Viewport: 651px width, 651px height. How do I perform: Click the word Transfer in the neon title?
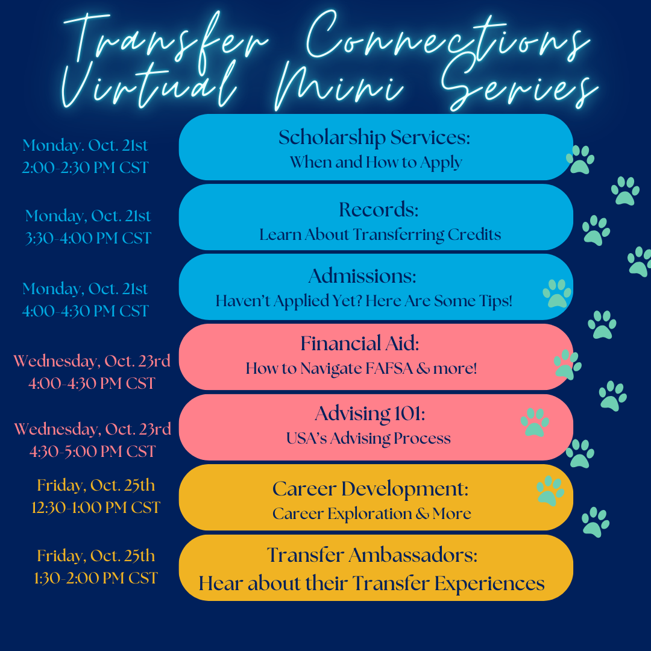pos(166,42)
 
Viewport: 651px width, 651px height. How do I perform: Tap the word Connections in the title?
pos(448,39)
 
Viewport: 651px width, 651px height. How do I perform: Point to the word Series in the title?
pos(519,85)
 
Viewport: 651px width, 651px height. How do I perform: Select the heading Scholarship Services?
pos(374,137)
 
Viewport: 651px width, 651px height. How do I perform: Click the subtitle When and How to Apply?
pos(376,162)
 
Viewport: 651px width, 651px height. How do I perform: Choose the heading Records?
pos(379,209)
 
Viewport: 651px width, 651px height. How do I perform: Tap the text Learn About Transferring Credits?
pos(380,234)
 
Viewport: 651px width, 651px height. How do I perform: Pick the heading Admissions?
pos(362,275)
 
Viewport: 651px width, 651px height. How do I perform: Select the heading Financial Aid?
pos(359,344)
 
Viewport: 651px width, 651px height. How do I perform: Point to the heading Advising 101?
pos(370,414)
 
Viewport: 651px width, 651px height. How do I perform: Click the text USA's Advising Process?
pos(368,438)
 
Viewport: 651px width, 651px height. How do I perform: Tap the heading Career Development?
pos(370,489)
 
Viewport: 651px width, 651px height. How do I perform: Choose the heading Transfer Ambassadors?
pos(372,555)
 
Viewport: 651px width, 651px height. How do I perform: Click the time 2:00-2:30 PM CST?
pos(85,168)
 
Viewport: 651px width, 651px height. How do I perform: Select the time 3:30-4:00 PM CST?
pos(88,238)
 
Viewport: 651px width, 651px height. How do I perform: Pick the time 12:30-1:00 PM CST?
pos(96,508)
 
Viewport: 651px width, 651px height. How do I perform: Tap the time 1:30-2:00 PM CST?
pos(96,578)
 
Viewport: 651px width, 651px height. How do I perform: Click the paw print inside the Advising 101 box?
pos(535,422)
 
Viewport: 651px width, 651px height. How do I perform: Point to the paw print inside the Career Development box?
pos(550,491)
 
